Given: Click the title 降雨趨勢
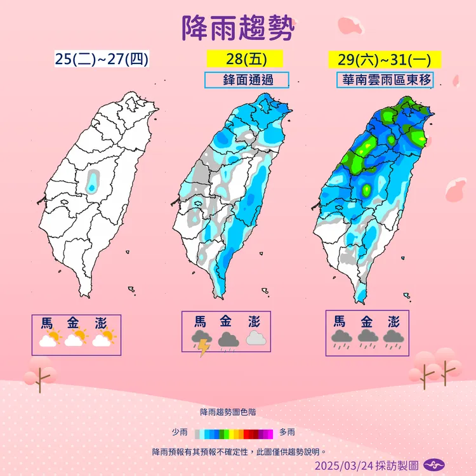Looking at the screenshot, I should click(238, 29).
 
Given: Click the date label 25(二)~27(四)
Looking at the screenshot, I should click(102, 60).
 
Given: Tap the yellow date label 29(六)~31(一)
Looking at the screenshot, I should click(385, 60).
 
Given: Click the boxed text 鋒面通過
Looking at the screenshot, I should click(247, 81).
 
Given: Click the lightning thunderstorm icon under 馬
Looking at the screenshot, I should click(201, 343).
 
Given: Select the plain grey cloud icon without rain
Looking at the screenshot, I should click(255, 338).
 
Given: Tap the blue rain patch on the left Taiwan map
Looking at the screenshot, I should click(93, 180).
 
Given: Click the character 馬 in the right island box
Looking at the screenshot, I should click(341, 321).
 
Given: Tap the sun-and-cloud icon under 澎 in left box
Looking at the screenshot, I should click(103, 338).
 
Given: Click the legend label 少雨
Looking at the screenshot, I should click(180, 433).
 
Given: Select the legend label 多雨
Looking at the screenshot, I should click(287, 433).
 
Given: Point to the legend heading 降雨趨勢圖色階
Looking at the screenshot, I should click(229, 413).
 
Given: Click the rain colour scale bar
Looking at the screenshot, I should click(234, 433).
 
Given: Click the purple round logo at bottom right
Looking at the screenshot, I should click(433, 466).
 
